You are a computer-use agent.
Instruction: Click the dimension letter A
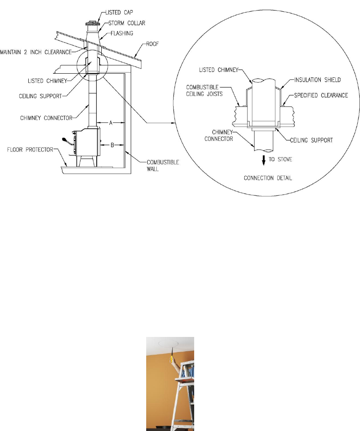pos(110,122)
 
